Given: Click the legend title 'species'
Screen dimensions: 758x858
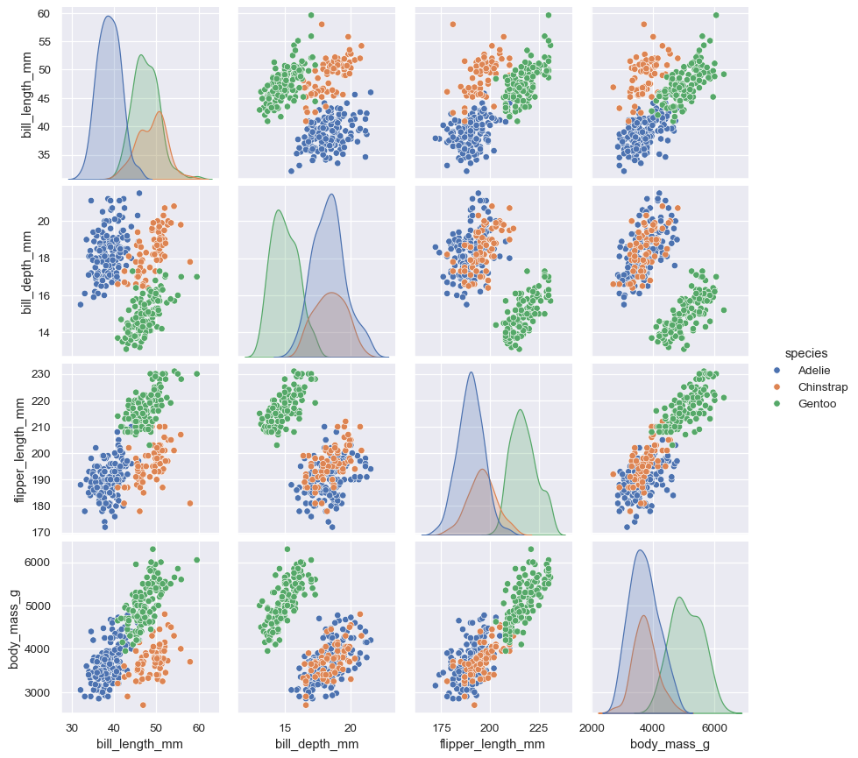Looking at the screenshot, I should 805,353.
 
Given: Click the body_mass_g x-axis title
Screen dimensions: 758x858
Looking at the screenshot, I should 670,744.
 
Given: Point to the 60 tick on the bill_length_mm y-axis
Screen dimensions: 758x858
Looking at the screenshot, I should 43,14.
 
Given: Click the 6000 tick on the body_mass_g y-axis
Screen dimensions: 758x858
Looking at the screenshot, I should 36,563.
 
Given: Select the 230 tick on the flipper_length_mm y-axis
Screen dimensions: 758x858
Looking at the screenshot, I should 39,374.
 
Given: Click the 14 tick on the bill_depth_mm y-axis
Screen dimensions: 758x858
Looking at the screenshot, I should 43,333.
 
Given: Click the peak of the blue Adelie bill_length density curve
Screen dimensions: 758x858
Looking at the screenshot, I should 108,17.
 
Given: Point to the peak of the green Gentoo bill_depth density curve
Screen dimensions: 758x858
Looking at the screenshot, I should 278,210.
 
